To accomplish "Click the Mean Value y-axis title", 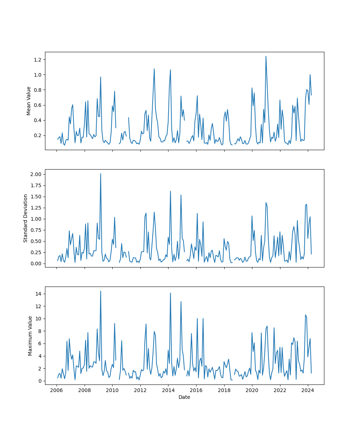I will (x=29, y=101).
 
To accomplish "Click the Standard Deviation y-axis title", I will (x=26, y=218).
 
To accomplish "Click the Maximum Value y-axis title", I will (x=30, y=336).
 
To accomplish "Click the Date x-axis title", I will (x=184, y=397).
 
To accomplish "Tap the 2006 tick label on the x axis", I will (x=57, y=390).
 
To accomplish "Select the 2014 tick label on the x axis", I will (x=168, y=390).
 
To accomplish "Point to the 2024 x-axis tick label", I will (x=308, y=390).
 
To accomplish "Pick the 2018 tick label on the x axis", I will (x=224, y=390).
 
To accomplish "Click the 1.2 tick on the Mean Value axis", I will (x=38, y=59).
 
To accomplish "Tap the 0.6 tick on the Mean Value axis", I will (x=38, y=105).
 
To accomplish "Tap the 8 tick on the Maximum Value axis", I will (x=40, y=331).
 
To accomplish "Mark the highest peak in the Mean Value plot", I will (x=266, y=56).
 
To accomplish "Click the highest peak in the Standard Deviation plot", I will (x=100, y=174).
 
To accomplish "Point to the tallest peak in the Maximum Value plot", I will (x=100, y=291).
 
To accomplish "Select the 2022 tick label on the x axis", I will (x=280, y=390).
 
